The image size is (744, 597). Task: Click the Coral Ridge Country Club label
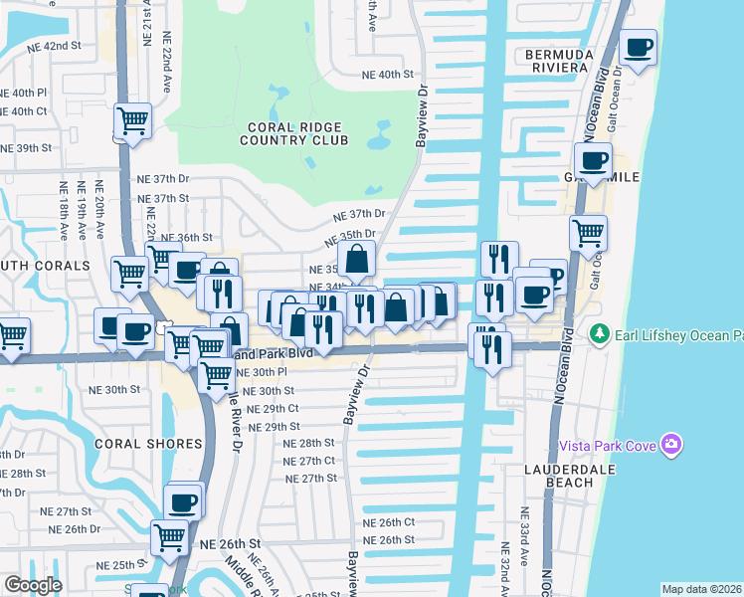click(293, 134)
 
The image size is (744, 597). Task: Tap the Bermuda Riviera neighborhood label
click(559, 61)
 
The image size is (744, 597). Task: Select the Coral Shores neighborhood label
click(134, 443)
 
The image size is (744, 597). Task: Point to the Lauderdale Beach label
click(558, 475)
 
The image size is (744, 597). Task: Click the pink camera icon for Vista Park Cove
click(672, 445)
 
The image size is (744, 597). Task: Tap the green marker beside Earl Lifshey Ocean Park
click(599, 333)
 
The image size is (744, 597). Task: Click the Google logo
click(33, 585)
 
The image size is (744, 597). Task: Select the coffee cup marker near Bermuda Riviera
click(639, 47)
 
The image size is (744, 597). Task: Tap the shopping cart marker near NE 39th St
click(132, 121)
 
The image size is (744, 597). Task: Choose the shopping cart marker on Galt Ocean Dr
click(588, 234)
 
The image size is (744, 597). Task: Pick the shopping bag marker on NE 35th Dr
click(356, 261)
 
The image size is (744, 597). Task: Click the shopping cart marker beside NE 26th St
click(170, 538)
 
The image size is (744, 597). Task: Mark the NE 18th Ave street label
click(63, 210)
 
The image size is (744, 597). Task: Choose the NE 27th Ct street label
click(309, 461)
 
